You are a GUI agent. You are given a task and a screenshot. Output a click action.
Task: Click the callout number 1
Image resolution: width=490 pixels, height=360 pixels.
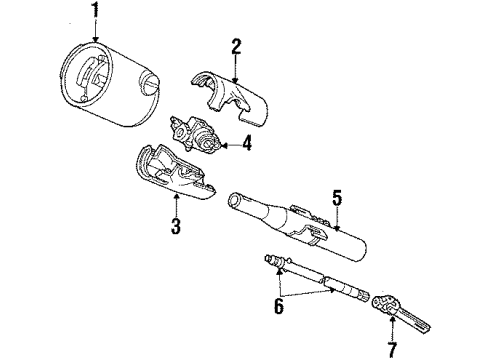(95, 15)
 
